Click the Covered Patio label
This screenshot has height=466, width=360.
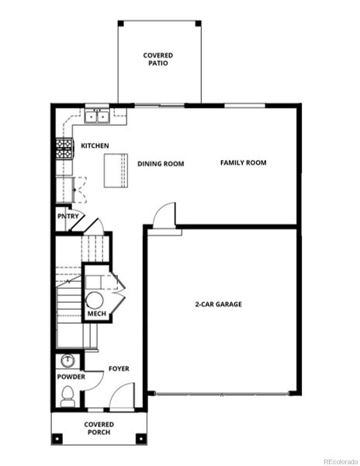coord(157,59)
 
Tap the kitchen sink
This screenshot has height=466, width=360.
coord(98,117)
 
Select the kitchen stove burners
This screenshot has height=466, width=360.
coord(63,147)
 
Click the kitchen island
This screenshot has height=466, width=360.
coord(116,169)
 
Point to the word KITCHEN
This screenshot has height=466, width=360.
coord(95,146)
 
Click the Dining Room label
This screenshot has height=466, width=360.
coord(161,164)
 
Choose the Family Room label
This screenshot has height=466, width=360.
coord(243,163)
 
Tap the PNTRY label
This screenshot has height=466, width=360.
coord(68,217)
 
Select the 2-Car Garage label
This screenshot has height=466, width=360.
coord(218,304)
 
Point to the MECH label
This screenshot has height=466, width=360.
coord(96,315)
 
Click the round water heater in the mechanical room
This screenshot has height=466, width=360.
coord(95,301)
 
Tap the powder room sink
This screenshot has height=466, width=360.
coord(68,361)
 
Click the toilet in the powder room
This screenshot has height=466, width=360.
coord(67,395)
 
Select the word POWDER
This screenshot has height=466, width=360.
coord(71,377)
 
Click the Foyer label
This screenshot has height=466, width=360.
coord(119,368)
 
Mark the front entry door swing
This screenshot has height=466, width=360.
coord(122,397)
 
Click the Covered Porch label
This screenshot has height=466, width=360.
coord(99,427)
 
